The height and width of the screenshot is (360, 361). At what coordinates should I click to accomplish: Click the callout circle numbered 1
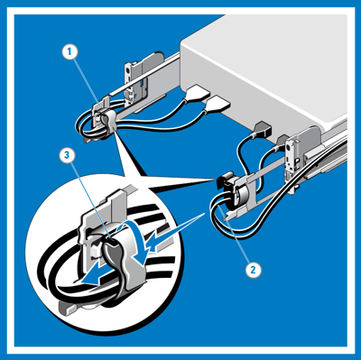69,52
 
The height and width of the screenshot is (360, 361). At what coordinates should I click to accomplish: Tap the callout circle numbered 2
254,269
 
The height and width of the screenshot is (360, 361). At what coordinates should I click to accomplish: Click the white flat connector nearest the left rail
198,94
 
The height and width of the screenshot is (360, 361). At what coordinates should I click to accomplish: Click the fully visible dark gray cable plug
262,129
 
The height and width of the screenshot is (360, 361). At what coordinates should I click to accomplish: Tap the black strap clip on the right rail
224,179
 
